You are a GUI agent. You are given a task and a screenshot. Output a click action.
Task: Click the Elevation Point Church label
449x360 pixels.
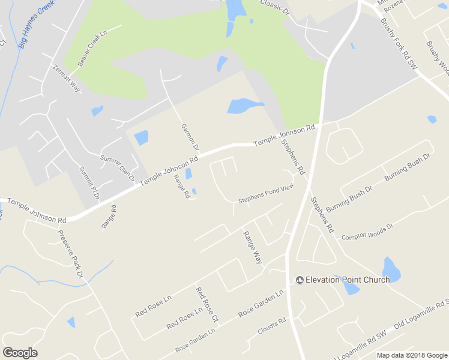click(348, 280)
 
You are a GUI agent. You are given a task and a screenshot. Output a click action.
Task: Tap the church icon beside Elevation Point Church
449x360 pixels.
click(300, 280)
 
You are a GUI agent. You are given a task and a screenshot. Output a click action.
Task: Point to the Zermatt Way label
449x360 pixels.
click(66, 77)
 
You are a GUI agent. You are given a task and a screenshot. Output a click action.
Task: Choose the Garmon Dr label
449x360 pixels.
click(189, 137)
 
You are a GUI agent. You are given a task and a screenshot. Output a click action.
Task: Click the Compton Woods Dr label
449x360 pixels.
click(367, 232)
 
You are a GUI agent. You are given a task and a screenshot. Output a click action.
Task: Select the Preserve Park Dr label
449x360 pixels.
click(70, 253)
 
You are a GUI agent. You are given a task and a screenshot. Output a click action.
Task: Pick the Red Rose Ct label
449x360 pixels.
click(205, 303)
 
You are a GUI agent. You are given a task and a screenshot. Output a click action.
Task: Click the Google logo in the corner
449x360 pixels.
click(20, 353)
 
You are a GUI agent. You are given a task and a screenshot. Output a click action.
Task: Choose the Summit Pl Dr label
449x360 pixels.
click(88, 183)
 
